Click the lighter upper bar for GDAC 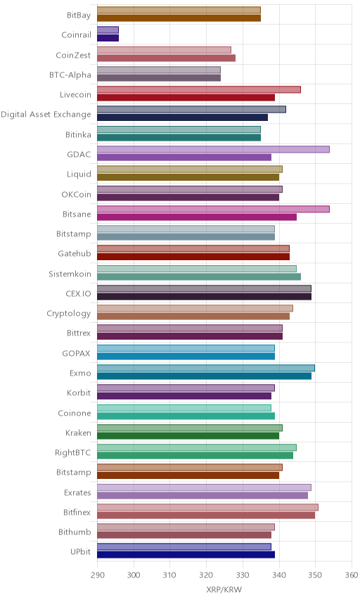tap(213, 149)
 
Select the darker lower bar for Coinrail tap(108, 38)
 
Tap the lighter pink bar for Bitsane tap(213, 209)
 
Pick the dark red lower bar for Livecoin tap(186, 98)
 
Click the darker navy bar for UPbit tap(186, 554)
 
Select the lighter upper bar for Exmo tap(206, 368)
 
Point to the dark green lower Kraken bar tap(188, 435)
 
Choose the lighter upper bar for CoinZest tap(164, 50)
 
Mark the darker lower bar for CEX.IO tap(204, 296)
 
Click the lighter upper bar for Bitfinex tap(207, 507)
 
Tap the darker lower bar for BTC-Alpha tap(159, 78)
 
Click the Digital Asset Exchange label tap(46, 115)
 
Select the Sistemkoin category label tap(70, 274)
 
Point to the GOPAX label tap(77, 353)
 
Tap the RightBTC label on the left tap(73, 453)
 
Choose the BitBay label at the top tap(79, 15)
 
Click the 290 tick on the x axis tap(98, 575)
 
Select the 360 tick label tap(352, 575)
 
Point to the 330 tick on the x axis tap(243, 575)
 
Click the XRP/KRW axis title tap(224, 590)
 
